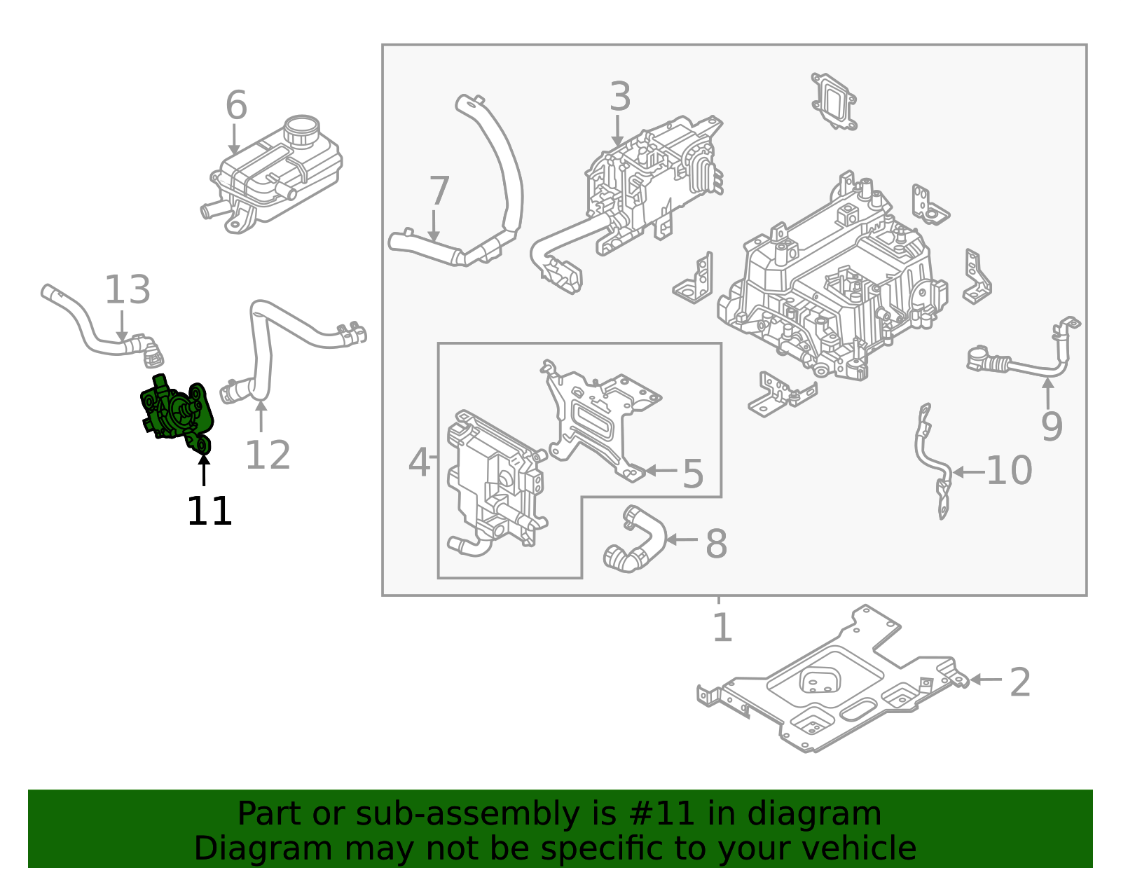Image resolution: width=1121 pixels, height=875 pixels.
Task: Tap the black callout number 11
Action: click(x=209, y=511)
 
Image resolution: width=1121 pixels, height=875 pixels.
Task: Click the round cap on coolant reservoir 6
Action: click(x=301, y=130)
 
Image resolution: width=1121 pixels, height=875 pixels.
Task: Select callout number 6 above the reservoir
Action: click(x=236, y=106)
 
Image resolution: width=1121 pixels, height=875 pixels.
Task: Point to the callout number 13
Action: click(x=128, y=290)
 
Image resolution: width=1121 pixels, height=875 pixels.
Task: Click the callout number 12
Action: click(x=268, y=456)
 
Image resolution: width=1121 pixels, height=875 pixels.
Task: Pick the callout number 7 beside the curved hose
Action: click(x=439, y=191)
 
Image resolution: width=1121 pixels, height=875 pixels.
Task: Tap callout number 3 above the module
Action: click(x=619, y=97)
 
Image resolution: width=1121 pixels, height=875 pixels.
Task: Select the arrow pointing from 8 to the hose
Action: click(x=682, y=539)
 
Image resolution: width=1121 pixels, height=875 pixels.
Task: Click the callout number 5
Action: click(x=692, y=474)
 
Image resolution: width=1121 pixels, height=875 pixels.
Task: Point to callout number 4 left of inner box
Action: click(x=419, y=463)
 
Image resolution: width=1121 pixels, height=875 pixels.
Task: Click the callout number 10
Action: click(x=1009, y=471)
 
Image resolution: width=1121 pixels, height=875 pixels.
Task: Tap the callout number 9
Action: click(x=1051, y=426)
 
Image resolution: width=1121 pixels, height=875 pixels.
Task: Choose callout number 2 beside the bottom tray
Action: click(x=1019, y=682)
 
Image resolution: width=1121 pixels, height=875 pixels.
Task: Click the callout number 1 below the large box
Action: click(x=722, y=628)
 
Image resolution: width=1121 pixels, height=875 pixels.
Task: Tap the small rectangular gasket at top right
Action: click(x=834, y=102)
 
